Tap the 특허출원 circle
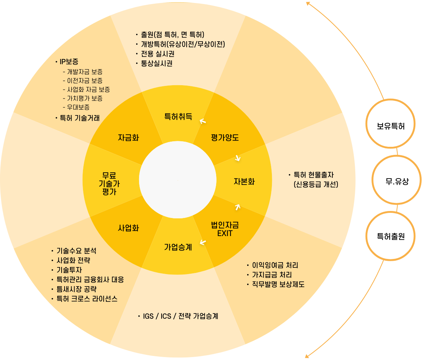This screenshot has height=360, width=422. [x=391, y=236]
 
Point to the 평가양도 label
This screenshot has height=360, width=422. [x=225, y=138]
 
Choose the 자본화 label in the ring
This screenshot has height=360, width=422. [x=244, y=181]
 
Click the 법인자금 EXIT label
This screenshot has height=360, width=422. [x=225, y=229]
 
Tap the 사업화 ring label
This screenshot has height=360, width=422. [x=128, y=228]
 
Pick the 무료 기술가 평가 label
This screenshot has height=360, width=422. [x=110, y=183]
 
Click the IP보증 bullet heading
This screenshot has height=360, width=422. [x=69, y=62]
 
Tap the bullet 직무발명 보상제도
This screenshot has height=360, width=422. [x=278, y=284]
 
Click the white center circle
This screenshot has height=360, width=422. [x=178, y=181]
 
